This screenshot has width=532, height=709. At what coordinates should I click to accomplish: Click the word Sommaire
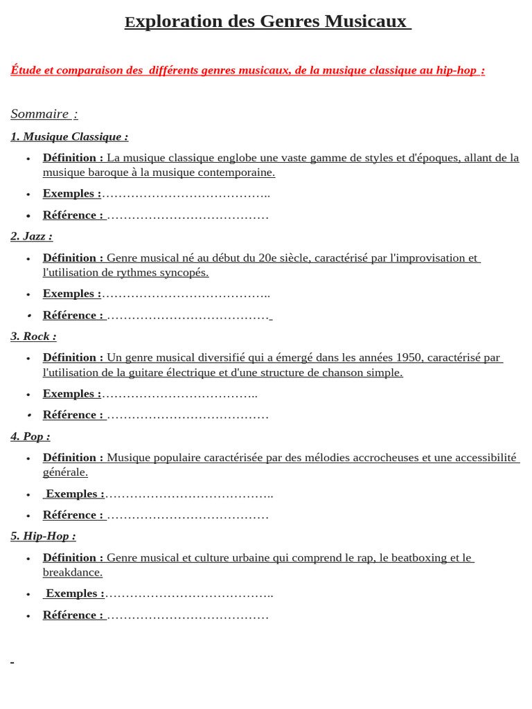click(39, 114)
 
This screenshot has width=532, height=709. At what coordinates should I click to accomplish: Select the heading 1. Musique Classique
click(69, 137)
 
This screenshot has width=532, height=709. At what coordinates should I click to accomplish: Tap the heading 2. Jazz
click(31, 236)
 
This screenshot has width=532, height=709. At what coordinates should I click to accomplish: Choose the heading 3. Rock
click(33, 336)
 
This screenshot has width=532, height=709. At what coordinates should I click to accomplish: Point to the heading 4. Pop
click(30, 436)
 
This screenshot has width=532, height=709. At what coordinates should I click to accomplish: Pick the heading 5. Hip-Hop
click(43, 536)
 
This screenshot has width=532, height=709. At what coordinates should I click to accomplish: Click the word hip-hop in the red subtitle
click(456, 71)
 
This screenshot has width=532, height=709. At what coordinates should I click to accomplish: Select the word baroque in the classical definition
click(107, 172)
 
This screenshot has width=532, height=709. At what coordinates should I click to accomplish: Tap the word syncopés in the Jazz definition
click(186, 273)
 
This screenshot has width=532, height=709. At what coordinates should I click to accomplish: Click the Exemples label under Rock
click(71, 394)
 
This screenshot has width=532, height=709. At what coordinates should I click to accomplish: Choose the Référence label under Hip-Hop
click(73, 615)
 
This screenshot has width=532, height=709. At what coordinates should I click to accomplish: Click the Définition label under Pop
click(73, 458)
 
